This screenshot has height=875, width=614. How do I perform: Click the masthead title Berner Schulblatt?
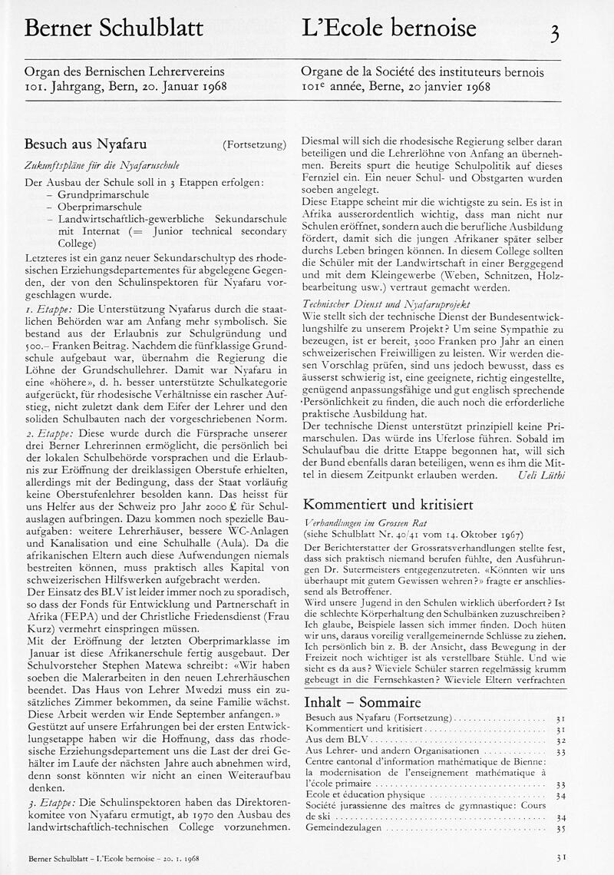click(x=114, y=29)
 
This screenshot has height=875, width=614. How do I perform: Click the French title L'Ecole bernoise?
click(x=389, y=29)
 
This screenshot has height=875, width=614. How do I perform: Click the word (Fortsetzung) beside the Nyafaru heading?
click(x=254, y=144)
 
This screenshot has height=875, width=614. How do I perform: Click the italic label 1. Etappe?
click(x=48, y=296)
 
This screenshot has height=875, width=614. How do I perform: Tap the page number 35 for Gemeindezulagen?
click(x=560, y=830)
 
